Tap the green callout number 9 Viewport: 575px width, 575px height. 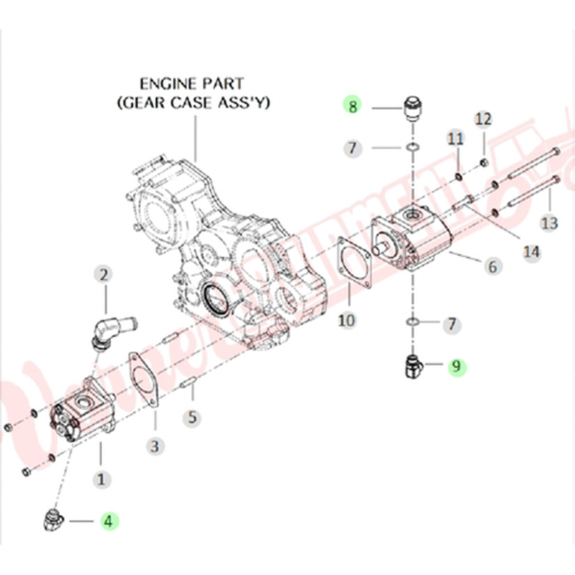pos(457,365)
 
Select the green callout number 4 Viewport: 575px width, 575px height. pos(109,520)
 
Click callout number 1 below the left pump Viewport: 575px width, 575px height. pos(101,479)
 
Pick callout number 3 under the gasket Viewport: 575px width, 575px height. pos(155,444)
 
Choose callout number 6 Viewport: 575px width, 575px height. pos(491,266)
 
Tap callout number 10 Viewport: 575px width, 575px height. pos(347,320)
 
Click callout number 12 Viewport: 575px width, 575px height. pos(484,118)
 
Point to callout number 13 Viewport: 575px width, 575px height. pos(550,222)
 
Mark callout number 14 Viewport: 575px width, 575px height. pos(532,251)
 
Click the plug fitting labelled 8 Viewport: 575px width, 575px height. pos(413,109)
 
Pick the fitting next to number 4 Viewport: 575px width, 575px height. pos(53,519)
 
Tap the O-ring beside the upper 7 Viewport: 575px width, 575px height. pos(413,148)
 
